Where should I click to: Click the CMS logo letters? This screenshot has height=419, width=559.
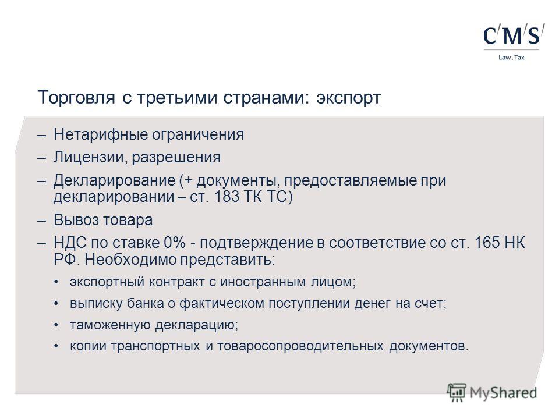click(514, 34)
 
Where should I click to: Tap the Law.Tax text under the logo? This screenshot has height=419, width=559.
click(511, 58)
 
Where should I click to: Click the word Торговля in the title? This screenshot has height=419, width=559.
click(76, 98)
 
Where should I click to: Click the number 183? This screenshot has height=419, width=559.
click(227, 196)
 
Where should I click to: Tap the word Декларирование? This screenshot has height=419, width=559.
click(115, 180)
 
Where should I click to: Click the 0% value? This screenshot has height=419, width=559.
click(175, 243)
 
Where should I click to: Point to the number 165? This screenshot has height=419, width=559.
click(487, 243)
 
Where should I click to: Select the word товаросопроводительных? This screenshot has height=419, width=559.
click(300, 346)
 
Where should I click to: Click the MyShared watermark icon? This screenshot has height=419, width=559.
click(457, 393)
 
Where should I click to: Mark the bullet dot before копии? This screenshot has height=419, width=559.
click(56, 346)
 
